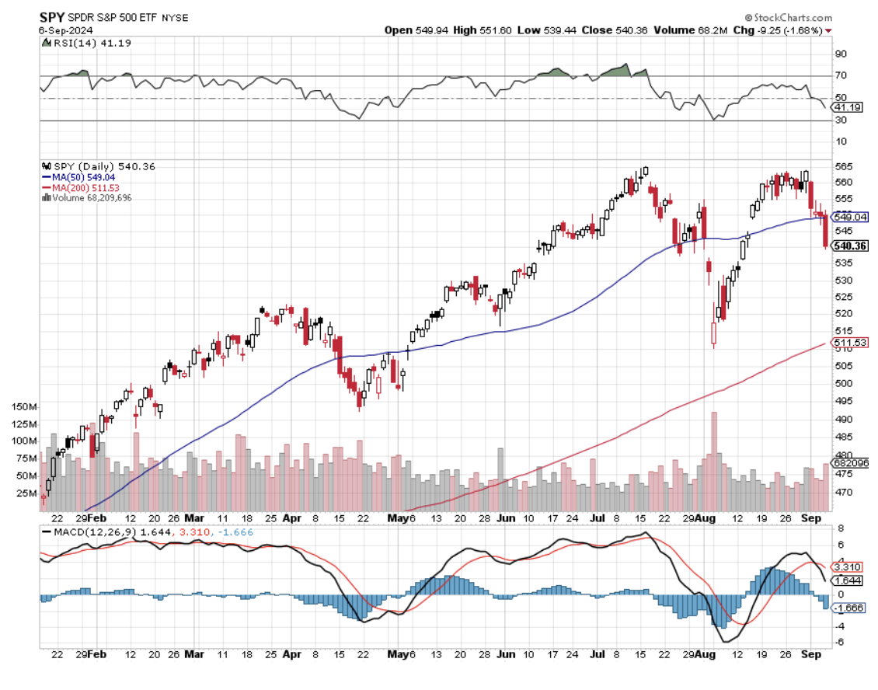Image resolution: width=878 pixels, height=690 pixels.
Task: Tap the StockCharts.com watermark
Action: [x=787, y=17]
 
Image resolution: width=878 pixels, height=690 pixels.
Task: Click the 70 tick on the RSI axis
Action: [x=840, y=75]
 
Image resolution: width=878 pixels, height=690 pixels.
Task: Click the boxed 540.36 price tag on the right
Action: [x=849, y=246]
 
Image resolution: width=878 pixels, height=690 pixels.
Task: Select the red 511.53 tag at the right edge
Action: [x=849, y=342]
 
